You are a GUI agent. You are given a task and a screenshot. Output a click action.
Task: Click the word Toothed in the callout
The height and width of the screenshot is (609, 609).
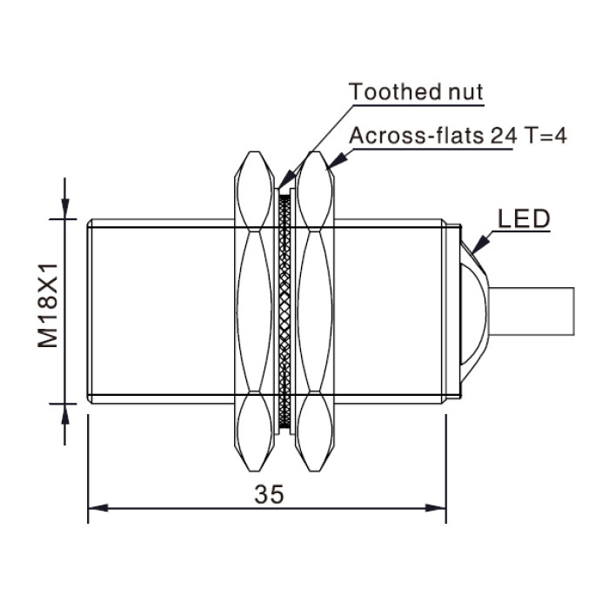[x=395, y=92]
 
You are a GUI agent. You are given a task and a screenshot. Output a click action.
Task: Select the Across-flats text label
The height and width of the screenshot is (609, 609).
[x=417, y=136]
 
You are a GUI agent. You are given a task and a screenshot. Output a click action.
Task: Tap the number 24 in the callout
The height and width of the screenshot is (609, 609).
[x=505, y=136]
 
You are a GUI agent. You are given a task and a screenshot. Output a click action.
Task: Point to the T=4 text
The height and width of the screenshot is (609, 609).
[x=545, y=136]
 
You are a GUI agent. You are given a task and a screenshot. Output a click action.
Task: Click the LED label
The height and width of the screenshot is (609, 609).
[x=524, y=218]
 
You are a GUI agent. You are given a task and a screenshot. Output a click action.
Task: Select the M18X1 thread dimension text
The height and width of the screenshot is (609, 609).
[x=48, y=305]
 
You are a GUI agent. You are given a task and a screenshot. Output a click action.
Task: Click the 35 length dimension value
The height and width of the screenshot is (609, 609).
[x=269, y=494]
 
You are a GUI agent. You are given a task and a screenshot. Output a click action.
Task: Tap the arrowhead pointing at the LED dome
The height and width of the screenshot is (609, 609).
[x=480, y=244]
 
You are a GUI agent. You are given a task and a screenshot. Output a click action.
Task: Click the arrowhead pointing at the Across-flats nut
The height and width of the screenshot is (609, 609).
[x=337, y=161]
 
